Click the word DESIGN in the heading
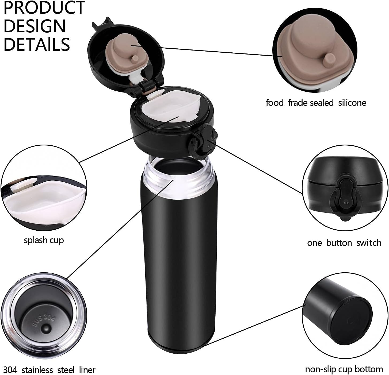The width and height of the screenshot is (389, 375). [35, 26]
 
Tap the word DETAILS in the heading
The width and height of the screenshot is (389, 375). [37, 44]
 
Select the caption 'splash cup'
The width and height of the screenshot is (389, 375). [44, 240]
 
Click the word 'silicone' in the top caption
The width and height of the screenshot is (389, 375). [352, 103]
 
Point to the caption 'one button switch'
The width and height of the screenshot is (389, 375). [344, 243]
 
